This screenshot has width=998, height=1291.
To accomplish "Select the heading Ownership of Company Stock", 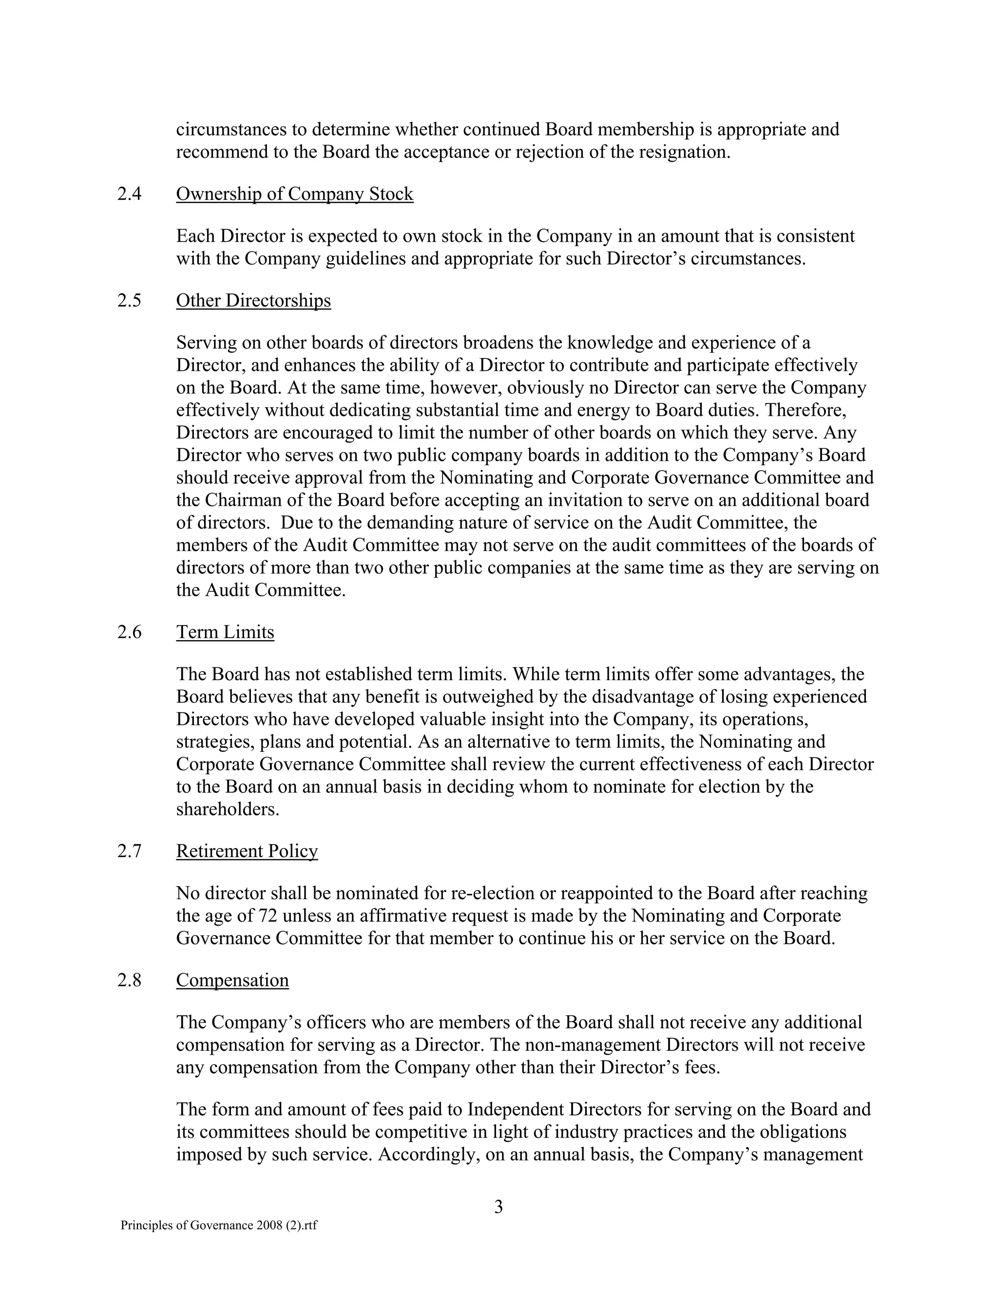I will pos(294,194).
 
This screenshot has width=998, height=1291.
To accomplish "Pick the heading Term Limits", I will pos(225,632).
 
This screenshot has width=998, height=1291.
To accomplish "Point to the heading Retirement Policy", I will pos(247,851).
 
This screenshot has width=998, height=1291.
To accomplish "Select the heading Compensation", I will pos(232,980).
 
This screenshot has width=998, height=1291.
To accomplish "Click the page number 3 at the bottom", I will pos(499,1206).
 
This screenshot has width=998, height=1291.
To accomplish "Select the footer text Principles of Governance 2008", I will pos(219,1225).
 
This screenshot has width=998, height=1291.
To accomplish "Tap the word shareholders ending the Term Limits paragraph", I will pos(227,809).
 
